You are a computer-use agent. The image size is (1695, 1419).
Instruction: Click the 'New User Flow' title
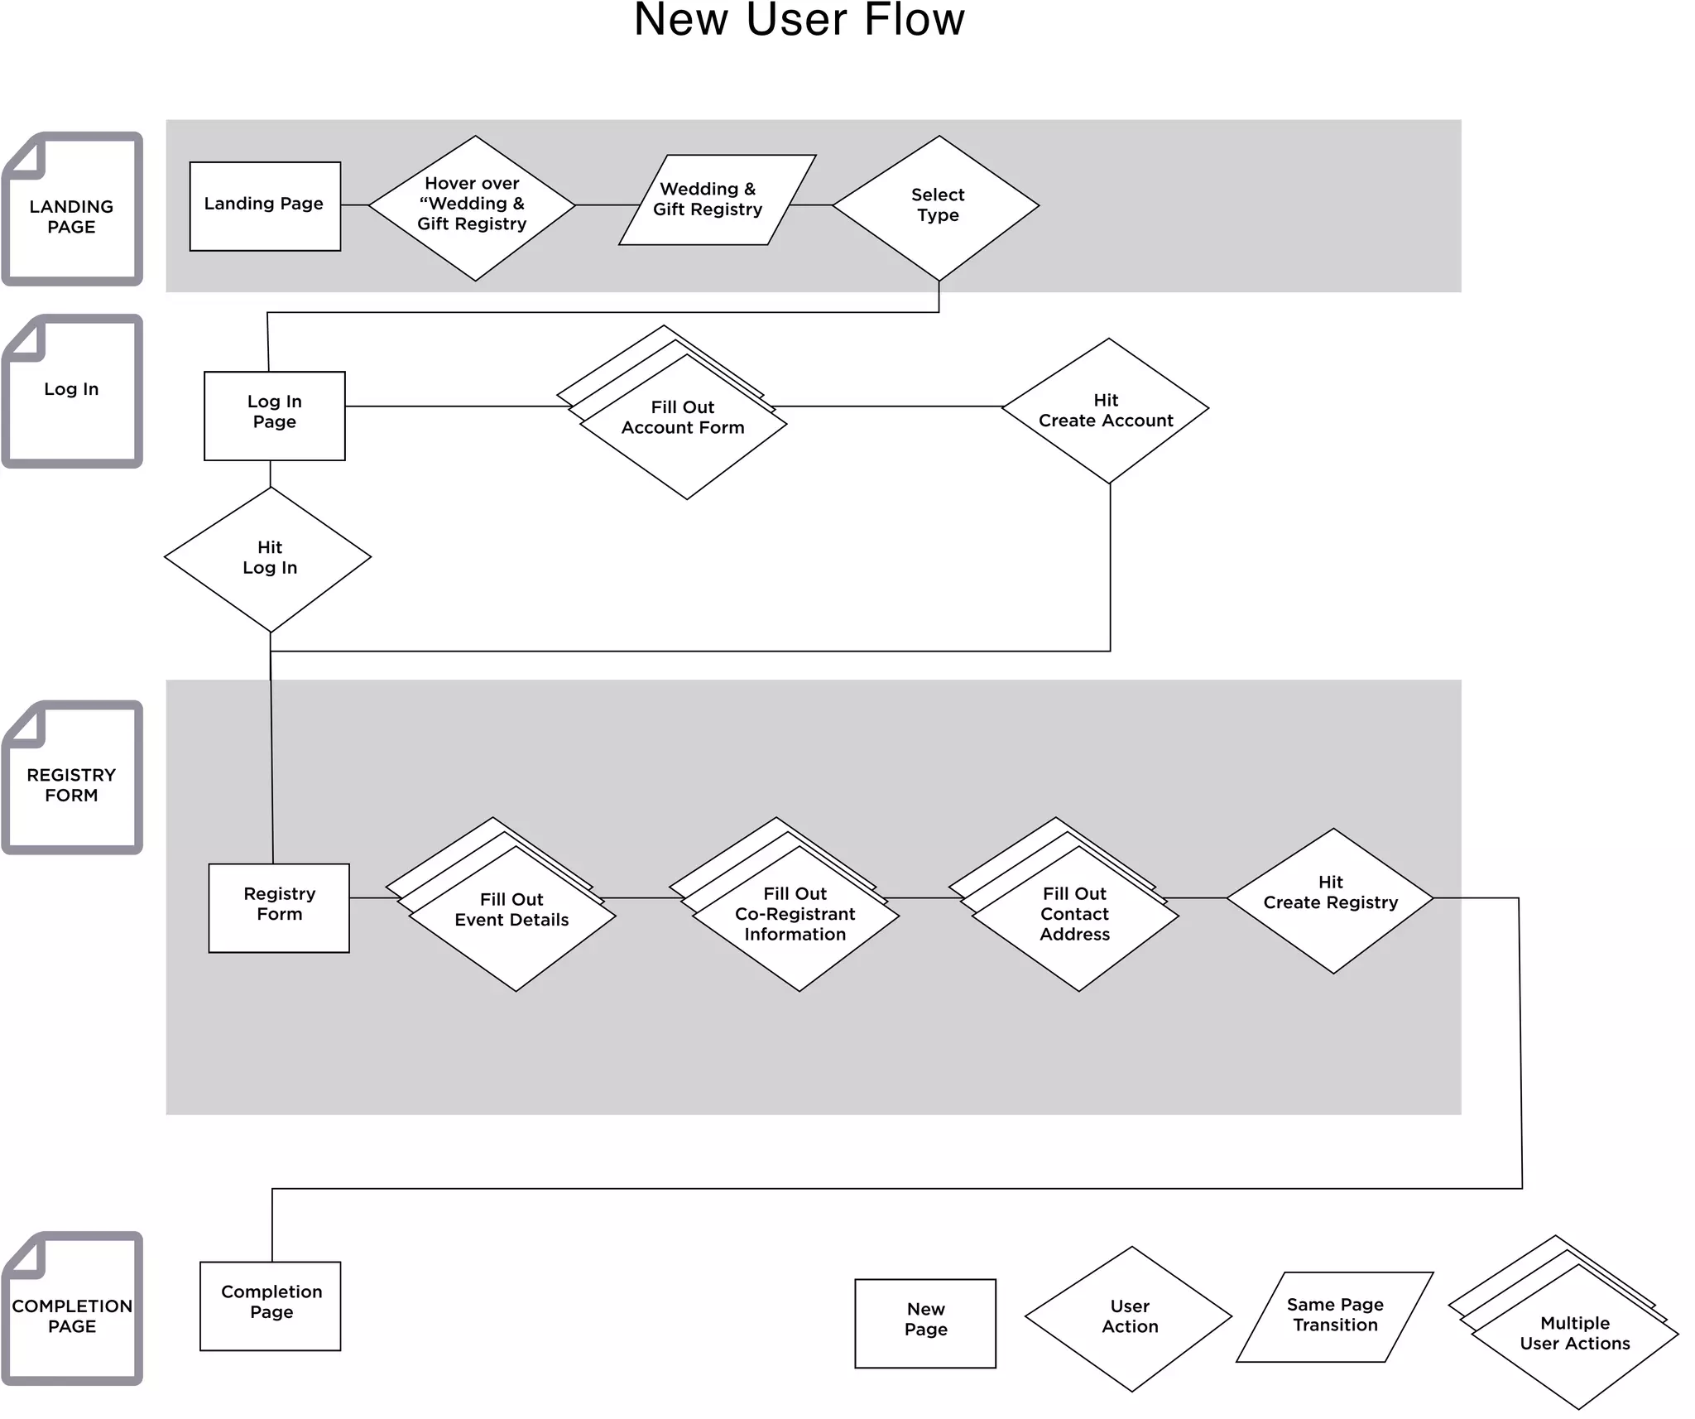(799, 20)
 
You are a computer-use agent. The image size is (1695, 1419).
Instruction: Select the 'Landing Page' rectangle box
(265, 206)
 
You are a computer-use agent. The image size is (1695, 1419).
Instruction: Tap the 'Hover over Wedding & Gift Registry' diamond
(472, 207)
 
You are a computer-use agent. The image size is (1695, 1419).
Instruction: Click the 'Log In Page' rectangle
(275, 416)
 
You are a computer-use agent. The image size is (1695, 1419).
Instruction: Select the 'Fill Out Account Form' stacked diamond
(684, 426)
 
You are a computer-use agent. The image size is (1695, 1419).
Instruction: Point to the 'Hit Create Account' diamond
(1105, 411)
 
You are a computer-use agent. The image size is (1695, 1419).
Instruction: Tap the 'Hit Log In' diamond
(268, 559)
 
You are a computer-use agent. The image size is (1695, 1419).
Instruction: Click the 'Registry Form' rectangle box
(279, 907)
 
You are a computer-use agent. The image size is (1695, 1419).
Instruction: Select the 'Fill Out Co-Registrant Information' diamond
(795, 917)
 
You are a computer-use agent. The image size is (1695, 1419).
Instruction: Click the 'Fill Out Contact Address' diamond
(1075, 917)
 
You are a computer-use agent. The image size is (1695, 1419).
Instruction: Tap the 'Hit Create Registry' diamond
(1330, 900)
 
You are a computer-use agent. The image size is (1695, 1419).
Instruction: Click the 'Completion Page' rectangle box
(271, 1306)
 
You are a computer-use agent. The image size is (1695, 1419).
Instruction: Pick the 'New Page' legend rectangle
(925, 1323)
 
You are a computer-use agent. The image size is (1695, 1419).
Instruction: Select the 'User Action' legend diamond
(1129, 1319)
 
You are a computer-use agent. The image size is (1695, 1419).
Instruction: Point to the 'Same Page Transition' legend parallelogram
(1334, 1316)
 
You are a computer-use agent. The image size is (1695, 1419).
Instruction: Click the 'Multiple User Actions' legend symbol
(1574, 1335)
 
